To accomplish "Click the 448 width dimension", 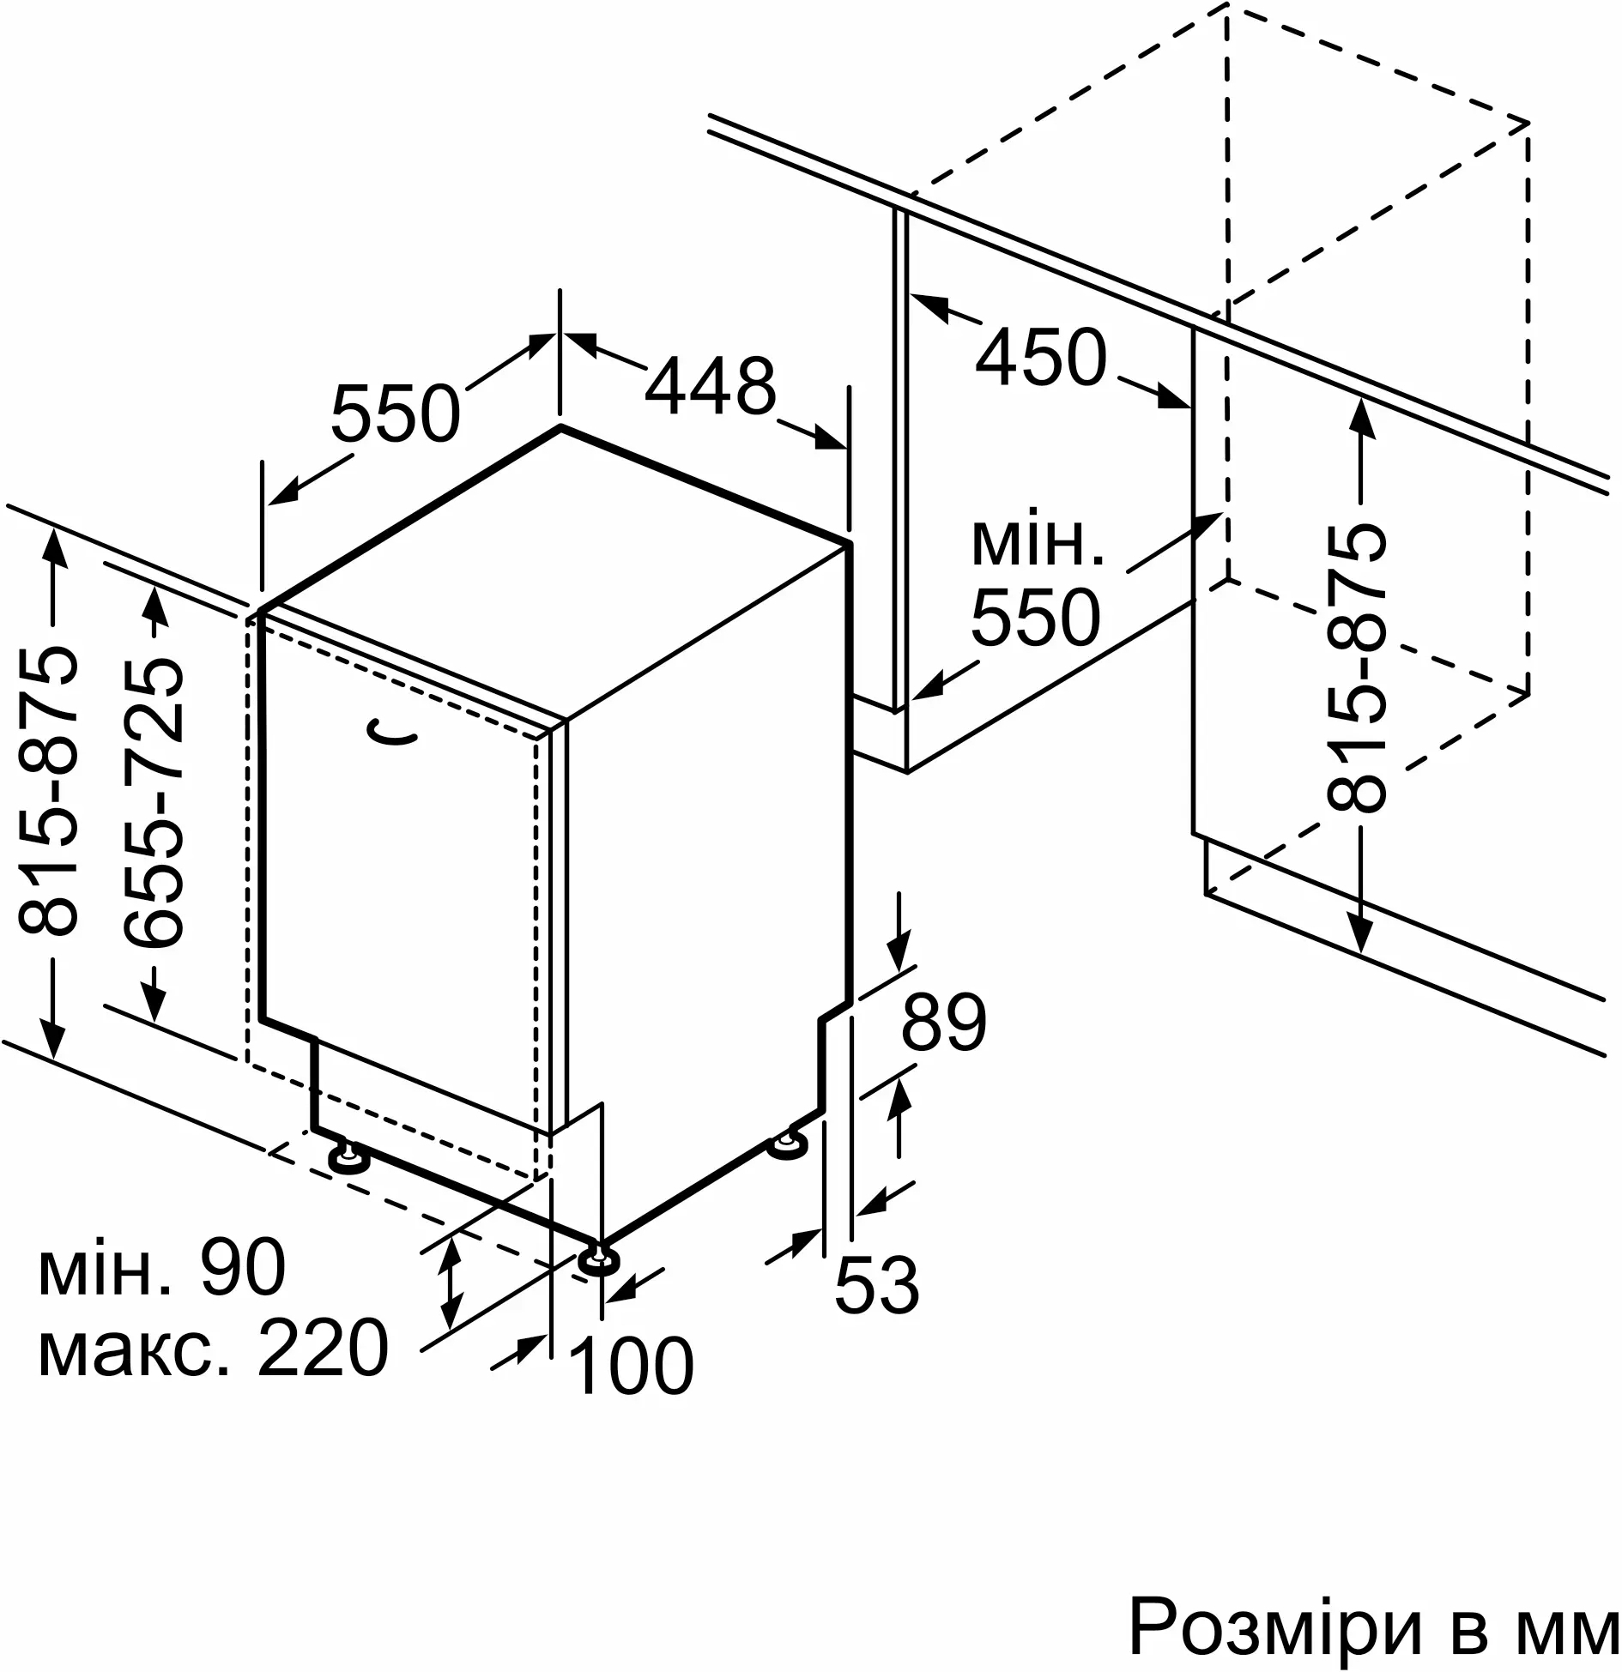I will click(710, 386).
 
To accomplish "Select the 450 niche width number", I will click(1041, 357).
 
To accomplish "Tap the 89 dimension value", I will click(943, 1023).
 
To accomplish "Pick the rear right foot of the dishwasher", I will click(787, 1145).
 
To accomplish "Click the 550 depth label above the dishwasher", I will click(396, 413).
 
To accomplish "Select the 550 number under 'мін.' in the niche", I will click(1035, 616).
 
